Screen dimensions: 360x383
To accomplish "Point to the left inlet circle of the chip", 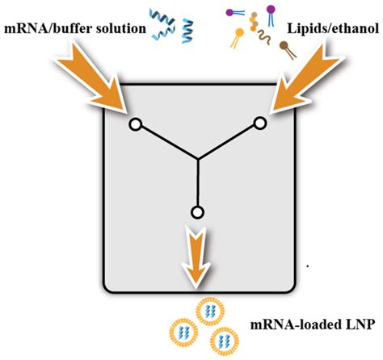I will tap(136, 123).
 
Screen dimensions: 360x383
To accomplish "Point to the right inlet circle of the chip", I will tap(260, 123).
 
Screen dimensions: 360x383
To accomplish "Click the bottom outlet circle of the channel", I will tap(196, 212).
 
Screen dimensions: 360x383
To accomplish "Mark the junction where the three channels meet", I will tap(197, 158).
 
